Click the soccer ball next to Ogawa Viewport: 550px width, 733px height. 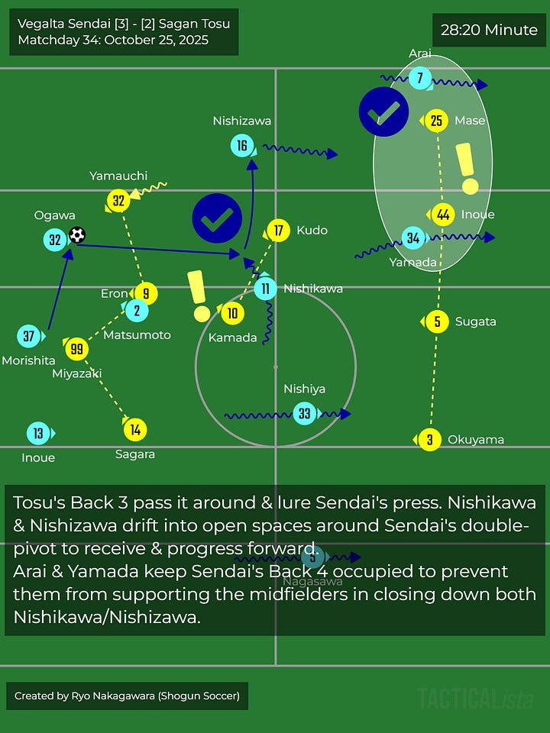(76, 235)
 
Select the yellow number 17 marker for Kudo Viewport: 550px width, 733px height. (278, 230)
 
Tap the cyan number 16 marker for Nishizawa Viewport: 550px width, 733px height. (242, 146)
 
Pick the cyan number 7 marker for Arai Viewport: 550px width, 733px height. (419, 78)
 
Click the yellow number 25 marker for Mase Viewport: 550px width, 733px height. (436, 120)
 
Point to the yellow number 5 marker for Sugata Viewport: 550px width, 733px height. (437, 321)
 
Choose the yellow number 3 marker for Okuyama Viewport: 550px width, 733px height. (430, 440)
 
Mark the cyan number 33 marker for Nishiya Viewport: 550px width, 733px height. (305, 413)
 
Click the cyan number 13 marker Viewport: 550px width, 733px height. (38, 434)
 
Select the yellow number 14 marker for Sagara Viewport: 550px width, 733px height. (135, 430)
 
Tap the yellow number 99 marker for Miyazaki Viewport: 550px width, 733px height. (76, 349)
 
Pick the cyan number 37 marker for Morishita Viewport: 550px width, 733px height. (29, 335)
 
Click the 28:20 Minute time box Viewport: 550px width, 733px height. (489, 31)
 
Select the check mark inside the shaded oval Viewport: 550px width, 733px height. (383, 112)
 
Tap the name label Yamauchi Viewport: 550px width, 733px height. (118, 176)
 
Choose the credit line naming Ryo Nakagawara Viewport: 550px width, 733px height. (128, 696)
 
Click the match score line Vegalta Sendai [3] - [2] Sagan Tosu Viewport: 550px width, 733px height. (124, 24)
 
